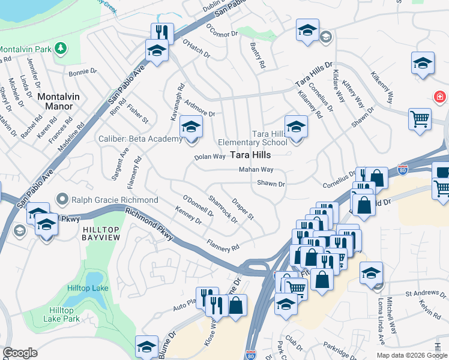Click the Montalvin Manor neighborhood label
pyautogui.click(x=55, y=101)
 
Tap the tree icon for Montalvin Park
pyautogui.click(x=61, y=47)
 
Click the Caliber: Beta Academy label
pyautogui.click(x=140, y=139)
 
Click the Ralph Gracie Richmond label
pyautogui.click(x=115, y=200)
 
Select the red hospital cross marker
pyautogui.click(x=440, y=97)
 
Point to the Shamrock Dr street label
pyautogui.click(x=223, y=208)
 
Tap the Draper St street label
pyautogui.click(x=244, y=209)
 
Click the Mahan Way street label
pyautogui.click(x=256, y=170)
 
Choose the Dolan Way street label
pyautogui.click(x=209, y=157)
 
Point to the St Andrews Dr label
pyautogui.click(x=424, y=294)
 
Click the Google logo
pyautogui.click(x=20, y=353)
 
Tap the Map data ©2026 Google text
pyautogui.click(x=411, y=355)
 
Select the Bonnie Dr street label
pyautogui.click(x=83, y=72)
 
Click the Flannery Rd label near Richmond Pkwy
pyautogui.click(x=223, y=245)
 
